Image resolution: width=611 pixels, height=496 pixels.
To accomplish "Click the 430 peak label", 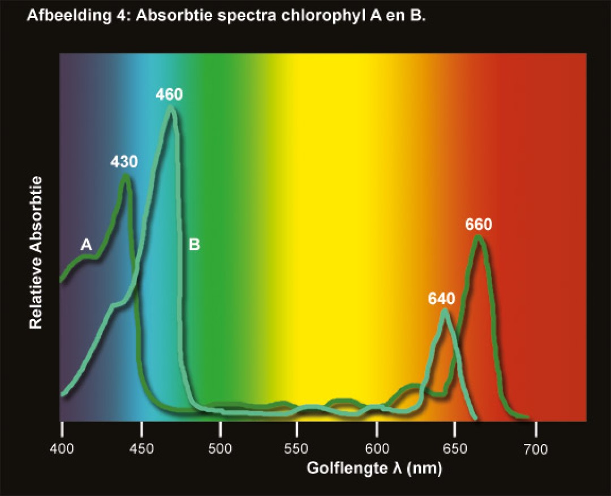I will (x=124, y=162).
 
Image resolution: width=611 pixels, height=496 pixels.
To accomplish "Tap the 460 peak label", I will (x=169, y=94).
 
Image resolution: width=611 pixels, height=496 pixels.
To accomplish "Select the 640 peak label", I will (x=442, y=299).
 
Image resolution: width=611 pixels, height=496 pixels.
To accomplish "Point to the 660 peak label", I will (x=479, y=225).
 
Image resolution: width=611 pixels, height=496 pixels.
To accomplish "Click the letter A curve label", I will (x=86, y=244).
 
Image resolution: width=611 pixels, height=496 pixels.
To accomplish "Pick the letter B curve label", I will (x=194, y=245).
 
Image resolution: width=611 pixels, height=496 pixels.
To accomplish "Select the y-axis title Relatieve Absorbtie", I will (x=36, y=252).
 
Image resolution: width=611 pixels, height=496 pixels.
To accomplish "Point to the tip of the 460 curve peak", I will (x=171, y=108).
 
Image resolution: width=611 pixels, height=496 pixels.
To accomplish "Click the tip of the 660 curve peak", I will (x=479, y=237).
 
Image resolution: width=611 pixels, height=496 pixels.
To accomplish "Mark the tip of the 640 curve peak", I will (x=445, y=311).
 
